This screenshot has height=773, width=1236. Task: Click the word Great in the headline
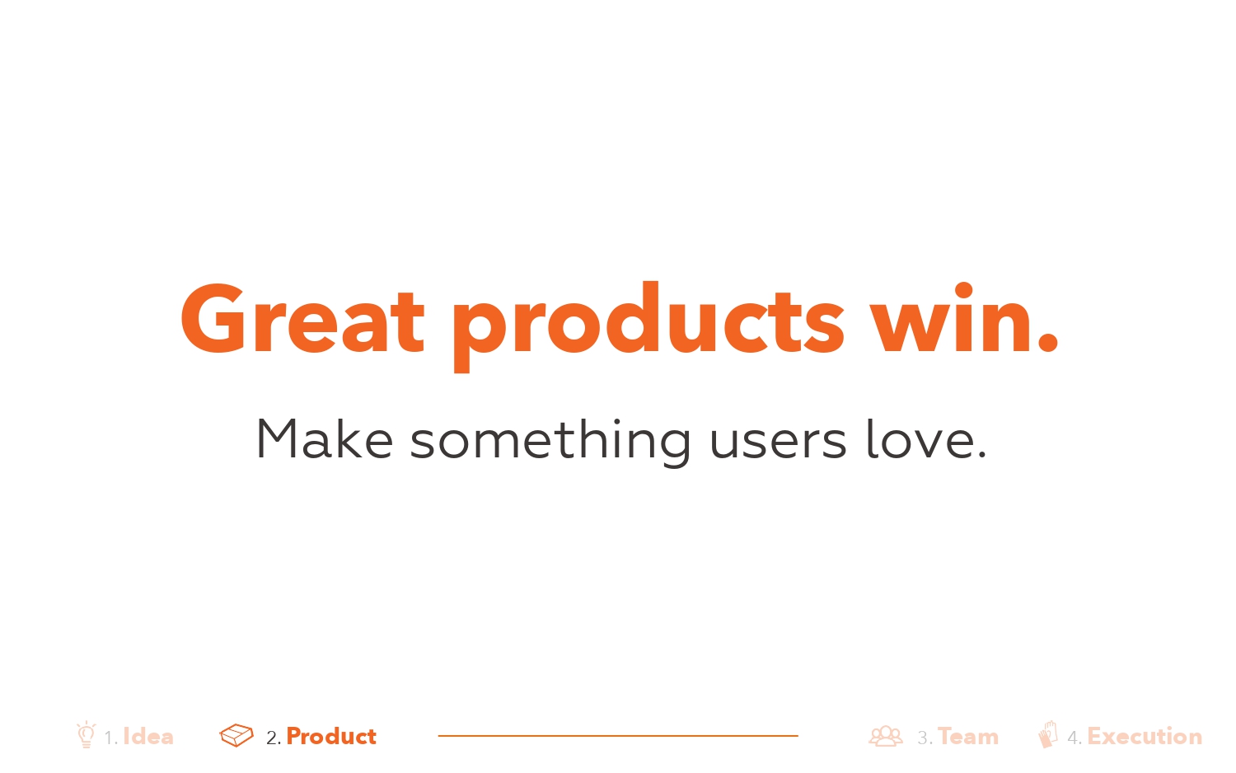[302, 318]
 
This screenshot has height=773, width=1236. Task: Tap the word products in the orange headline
[648, 326]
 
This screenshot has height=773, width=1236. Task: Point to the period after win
[1047, 340]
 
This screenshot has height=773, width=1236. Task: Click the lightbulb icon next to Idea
[86, 734]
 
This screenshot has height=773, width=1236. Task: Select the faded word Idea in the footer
[147, 737]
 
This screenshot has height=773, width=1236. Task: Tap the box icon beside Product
[236, 735]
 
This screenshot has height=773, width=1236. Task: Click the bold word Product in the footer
[331, 737]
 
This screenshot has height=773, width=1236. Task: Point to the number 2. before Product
[273, 738]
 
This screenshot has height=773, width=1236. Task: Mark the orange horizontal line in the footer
[618, 735]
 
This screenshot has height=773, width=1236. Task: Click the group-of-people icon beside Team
[886, 736]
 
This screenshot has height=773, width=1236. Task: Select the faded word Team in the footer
[968, 737]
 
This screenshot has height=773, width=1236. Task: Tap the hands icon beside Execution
[1048, 734]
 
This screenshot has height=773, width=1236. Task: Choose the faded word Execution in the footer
[1145, 737]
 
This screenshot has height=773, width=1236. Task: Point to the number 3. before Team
[925, 738]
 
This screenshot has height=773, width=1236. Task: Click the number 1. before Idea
[111, 738]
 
